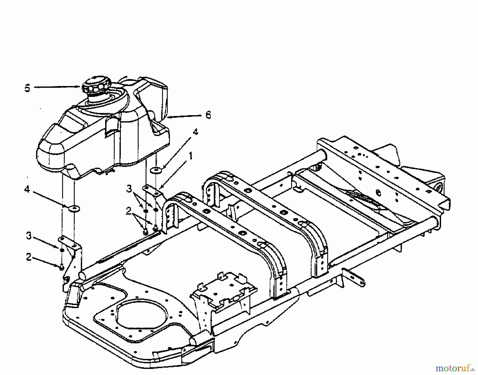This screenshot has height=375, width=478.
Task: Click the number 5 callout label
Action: tap(27, 88)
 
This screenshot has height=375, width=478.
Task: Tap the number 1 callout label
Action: tap(190, 156)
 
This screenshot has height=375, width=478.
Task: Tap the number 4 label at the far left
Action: tap(27, 190)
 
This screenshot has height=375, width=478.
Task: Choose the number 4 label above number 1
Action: tap(195, 132)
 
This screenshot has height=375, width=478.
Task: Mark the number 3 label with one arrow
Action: tap(29, 236)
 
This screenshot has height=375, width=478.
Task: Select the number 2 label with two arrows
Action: tap(129, 211)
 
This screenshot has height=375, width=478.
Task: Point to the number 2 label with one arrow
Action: tap(29, 257)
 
